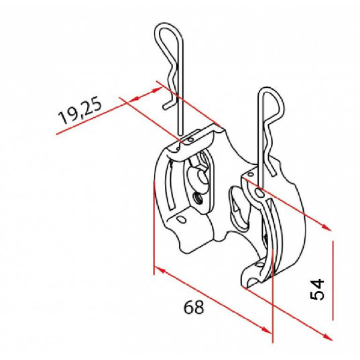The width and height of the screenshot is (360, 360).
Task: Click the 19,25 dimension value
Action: (80, 111)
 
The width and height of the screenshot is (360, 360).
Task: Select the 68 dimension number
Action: (194, 307)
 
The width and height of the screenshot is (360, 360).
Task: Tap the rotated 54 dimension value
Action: (317, 289)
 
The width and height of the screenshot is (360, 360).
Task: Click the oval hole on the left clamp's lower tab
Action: (182, 219)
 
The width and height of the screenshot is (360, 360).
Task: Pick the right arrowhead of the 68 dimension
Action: (267, 330)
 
